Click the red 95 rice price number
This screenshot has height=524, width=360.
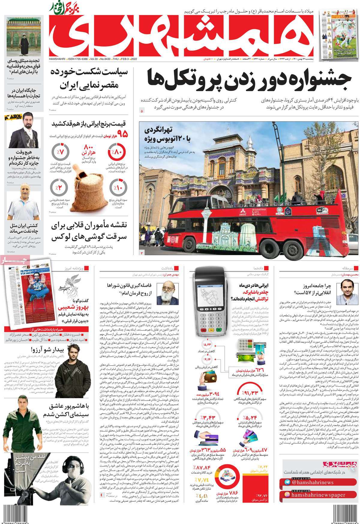(x=123, y=133)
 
